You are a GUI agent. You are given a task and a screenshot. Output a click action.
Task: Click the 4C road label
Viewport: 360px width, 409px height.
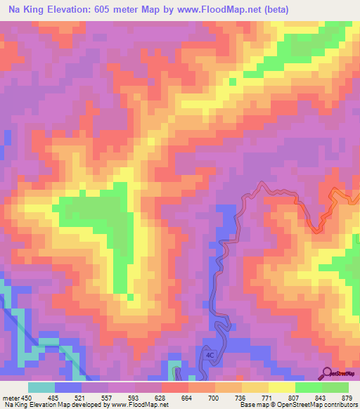[210, 356]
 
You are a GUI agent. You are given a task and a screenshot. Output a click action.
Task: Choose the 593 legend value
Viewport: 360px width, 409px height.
[142, 398]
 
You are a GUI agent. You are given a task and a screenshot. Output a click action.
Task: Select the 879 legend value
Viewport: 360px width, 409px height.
[347, 398]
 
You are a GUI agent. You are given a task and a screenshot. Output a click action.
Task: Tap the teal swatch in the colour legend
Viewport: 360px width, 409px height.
[41, 387]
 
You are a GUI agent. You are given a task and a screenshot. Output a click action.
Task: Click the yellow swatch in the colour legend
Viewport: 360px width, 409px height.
[281, 387]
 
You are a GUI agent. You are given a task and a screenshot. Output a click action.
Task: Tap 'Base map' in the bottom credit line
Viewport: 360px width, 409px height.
[254, 405]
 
